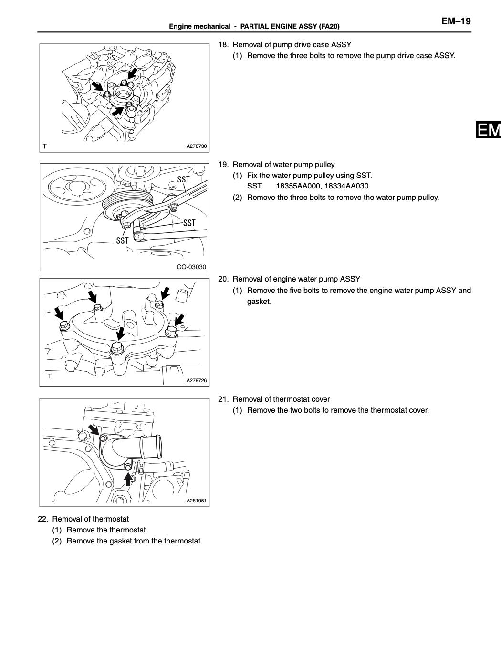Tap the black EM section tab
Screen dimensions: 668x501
click(x=488, y=130)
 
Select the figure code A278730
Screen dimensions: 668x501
click(x=197, y=146)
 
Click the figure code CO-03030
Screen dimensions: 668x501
click(x=191, y=267)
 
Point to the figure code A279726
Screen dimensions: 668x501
click(x=197, y=380)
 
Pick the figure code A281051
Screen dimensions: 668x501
click(x=197, y=501)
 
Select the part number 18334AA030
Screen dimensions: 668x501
click(x=346, y=186)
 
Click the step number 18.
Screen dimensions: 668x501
click(x=223, y=45)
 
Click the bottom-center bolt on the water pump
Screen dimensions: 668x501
click(x=117, y=349)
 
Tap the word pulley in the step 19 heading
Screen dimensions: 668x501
click(x=324, y=165)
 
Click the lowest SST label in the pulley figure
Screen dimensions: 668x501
click(x=123, y=241)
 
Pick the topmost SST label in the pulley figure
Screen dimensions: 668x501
click(x=184, y=179)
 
